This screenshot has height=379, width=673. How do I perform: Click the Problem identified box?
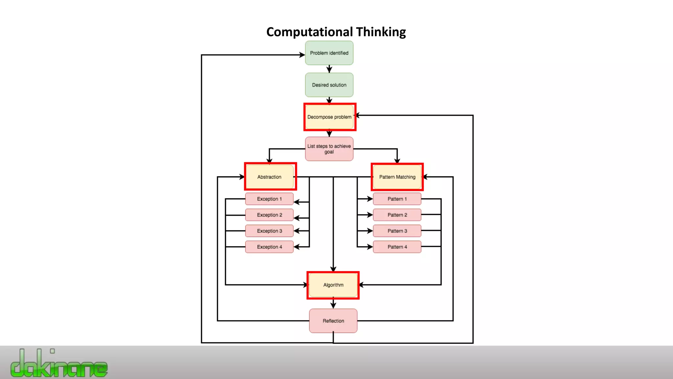pyautogui.click(x=329, y=53)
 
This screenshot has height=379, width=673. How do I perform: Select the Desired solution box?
pyautogui.click(x=329, y=85)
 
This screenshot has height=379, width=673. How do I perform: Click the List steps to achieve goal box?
pyautogui.click(x=329, y=149)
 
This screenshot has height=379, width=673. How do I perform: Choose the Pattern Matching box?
pyautogui.click(x=397, y=177)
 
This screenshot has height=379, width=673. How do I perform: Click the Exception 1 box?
pyautogui.click(x=269, y=199)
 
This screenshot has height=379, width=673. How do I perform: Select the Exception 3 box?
pyautogui.click(x=269, y=231)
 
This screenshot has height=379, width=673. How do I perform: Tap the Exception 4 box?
pyautogui.click(x=269, y=247)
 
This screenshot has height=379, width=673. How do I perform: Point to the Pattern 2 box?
pyautogui.click(x=397, y=215)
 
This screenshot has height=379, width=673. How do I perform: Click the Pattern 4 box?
pyautogui.click(x=397, y=247)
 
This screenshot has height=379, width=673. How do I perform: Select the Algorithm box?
pyautogui.click(x=333, y=285)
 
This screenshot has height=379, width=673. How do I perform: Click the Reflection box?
pyautogui.click(x=333, y=321)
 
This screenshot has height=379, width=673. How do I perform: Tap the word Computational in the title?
pyautogui.click(x=310, y=32)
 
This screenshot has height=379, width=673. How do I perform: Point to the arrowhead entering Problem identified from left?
pyautogui.click(x=302, y=55)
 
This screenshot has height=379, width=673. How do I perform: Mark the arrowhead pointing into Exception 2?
pyautogui.click(x=296, y=218)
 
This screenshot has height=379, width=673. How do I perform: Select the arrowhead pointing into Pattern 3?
pyautogui.click(x=370, y=231)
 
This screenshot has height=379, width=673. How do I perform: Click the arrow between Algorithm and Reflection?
pyautogui.click(x=333, y=304)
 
